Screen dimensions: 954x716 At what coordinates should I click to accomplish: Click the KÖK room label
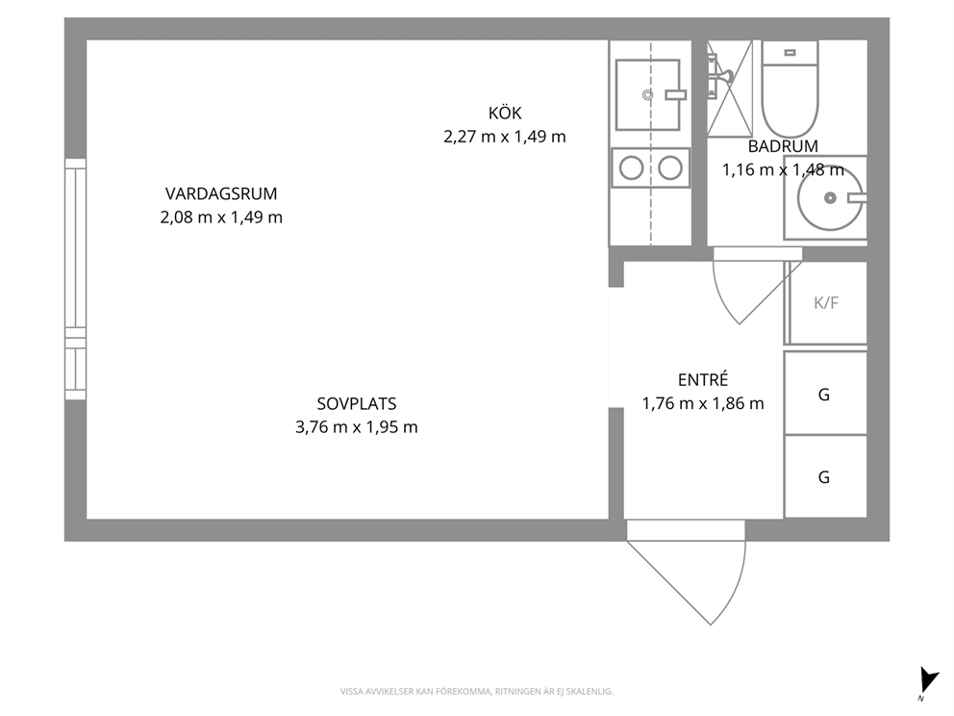[505, 114]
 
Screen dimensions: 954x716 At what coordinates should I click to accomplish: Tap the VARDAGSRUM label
[221, 194]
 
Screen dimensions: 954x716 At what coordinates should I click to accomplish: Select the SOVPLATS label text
[357, 403]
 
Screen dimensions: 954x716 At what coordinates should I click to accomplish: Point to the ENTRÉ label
[703, 379]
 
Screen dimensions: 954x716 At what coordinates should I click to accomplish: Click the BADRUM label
[783, 146]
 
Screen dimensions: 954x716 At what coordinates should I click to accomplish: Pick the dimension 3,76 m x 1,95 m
[357, 427]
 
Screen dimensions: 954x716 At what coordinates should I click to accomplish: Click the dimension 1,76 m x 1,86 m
[703, 403]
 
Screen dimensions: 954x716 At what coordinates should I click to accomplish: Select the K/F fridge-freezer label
[826, 302]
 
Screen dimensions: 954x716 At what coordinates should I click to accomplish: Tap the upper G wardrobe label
[824, 395]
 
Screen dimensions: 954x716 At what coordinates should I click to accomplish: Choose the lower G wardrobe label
[824, 476]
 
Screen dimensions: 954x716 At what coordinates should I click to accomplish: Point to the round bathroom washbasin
[830, 198]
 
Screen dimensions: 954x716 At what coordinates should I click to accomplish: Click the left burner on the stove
[632, 168]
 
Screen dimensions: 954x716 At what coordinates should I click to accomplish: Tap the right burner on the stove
[670, 168]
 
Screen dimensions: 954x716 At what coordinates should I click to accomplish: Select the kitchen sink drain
[647, 95]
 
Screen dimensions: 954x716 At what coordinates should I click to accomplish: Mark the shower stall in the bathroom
[730, 89]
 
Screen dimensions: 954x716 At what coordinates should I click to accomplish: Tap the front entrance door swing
[687, 573]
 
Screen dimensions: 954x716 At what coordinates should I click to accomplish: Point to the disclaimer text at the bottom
[476, 692]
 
